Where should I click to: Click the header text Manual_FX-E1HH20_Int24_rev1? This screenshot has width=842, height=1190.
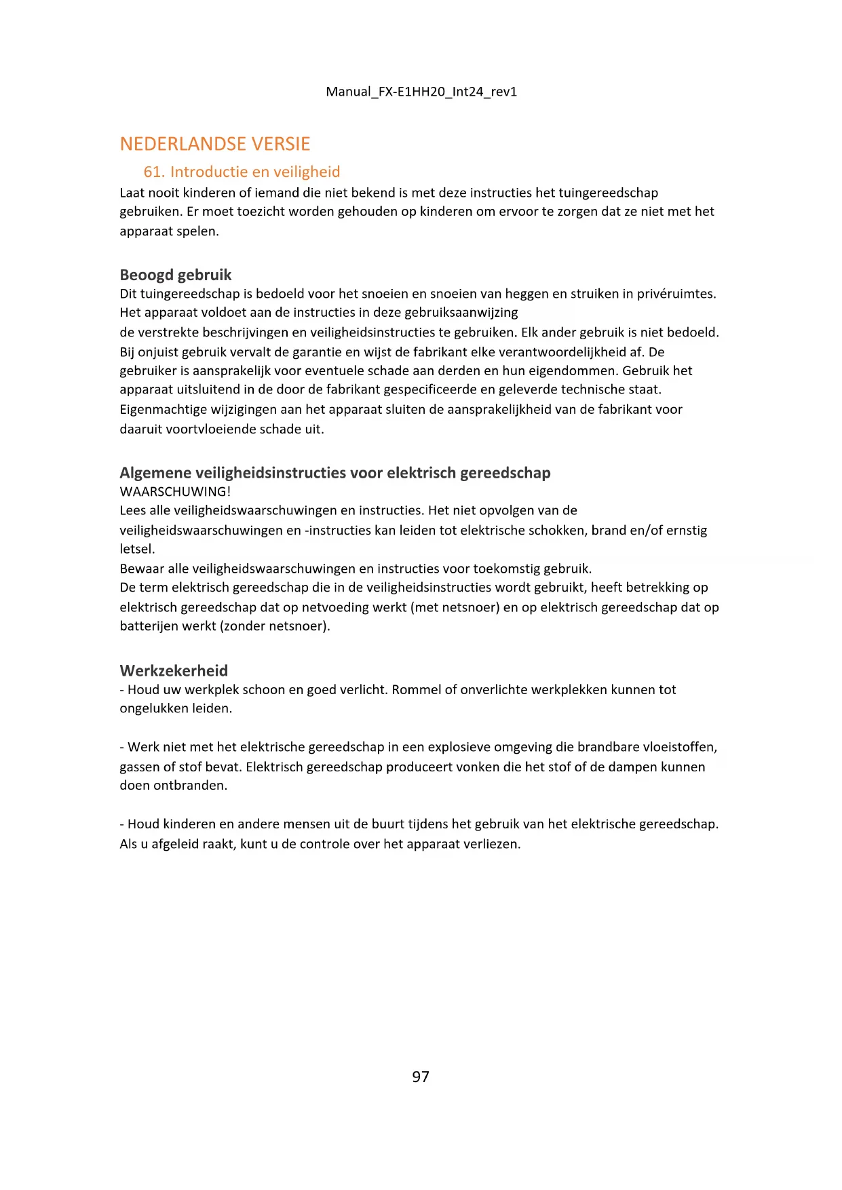pyautogui.click(x=421, y=92)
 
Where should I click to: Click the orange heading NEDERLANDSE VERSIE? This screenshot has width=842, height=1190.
pyautogui.click(x=215, y=144)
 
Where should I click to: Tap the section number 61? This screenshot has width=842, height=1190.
pyautogui.click(x=154, y=172)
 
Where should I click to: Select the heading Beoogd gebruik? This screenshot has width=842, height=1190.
pyautogui.click(x=176, y=275)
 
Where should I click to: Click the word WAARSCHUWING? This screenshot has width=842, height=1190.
pyautogui.click(x=175, y=491)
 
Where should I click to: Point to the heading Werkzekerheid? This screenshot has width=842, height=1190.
pyautogui.click(x=174, y=670)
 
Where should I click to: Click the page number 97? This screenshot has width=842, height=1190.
pyautogui.click(x=421, y=1077)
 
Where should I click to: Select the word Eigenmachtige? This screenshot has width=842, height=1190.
pyautogui.click(x=161, y=409)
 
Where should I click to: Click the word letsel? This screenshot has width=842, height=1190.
pyautogui.click(x=137, y=549)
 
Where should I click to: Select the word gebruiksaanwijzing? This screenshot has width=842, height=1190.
pyautogui.click(x=461, y=312)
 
